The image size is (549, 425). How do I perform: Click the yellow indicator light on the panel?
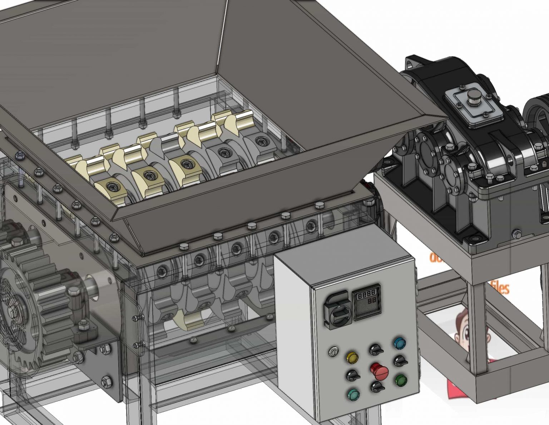coord(352,357)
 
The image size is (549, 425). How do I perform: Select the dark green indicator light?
coord(400,380)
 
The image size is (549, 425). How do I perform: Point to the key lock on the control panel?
coord(333,352)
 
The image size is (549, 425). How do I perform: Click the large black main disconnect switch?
coord(337,311)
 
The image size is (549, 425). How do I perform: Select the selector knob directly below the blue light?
coord(400,361)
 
